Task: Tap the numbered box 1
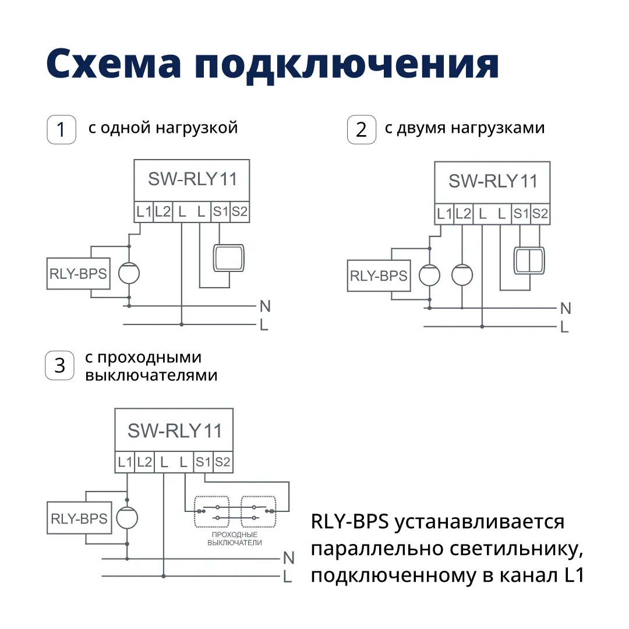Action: coord(61,130)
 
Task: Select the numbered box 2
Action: coord(361,130)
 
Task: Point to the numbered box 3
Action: coord(60,366)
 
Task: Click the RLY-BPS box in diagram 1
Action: coord(78,274)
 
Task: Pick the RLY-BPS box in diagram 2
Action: coord(379,276)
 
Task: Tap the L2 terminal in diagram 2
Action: coord(463,214)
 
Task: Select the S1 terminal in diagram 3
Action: coord(203,463)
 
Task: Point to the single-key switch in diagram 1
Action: coord(229,258)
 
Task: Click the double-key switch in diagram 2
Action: coord(529,260)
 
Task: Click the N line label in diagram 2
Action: coord(565,308)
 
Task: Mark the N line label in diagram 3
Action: coord(288,559)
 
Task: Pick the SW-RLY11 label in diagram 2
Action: coord(493,181)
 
